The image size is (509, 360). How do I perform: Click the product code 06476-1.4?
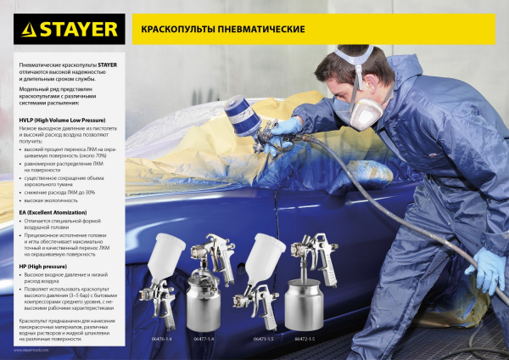click(159, 339)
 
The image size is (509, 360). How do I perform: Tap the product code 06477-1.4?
click(204, 339)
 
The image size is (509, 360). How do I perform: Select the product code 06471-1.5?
click(265, 339)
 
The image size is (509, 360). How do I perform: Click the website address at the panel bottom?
click(33, 349)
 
